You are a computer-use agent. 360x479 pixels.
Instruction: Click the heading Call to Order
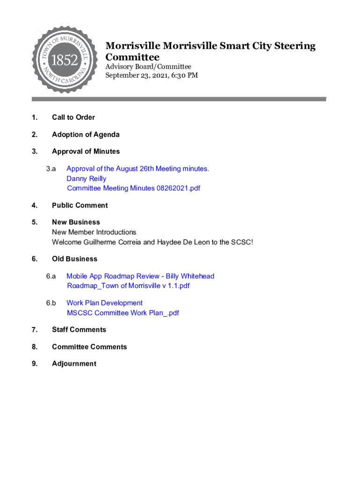pos(73,117)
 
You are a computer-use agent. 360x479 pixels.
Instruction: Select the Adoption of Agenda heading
pos(86,135)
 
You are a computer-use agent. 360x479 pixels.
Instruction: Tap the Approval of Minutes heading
pos(86,152)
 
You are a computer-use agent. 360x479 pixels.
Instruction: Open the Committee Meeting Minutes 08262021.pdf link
pos(133,189)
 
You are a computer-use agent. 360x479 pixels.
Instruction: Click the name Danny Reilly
pos(86,179)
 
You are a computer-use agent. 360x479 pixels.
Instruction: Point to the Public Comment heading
pos(79,205)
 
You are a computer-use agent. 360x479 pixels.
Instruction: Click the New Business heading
pos(76,222)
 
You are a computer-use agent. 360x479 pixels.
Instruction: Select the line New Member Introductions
pos(94,232)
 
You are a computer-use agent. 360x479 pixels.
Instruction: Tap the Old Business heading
pos(74,259)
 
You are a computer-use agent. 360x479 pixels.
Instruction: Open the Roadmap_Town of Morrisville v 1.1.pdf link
pos(128,286)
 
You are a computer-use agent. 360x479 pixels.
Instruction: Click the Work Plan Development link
pos(104,303)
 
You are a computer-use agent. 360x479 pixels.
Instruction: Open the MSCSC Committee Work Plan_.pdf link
pos(123,313)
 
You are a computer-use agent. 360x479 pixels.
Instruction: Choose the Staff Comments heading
pos(79,330)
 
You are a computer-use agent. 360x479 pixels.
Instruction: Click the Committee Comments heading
pos(89,347)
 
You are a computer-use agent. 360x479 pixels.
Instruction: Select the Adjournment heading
pos(74,364)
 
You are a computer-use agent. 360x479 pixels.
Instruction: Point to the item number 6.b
pos(51,303)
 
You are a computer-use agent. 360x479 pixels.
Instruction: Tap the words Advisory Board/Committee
pos(148,67)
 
